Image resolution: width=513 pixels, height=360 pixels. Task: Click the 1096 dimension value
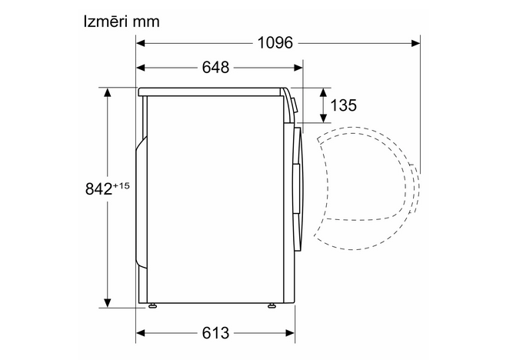point(275,42)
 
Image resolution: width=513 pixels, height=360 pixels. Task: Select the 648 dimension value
point(215,68)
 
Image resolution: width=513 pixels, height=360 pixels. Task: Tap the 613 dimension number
point(215,333)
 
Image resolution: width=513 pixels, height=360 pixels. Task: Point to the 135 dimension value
point(343,105)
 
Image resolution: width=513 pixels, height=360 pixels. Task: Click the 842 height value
point(98,188)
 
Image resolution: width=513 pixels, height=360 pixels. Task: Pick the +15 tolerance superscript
point(122,186)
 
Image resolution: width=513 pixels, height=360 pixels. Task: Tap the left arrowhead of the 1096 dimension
point(141,43)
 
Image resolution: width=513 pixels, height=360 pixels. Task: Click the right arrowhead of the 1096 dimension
point(416,43)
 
